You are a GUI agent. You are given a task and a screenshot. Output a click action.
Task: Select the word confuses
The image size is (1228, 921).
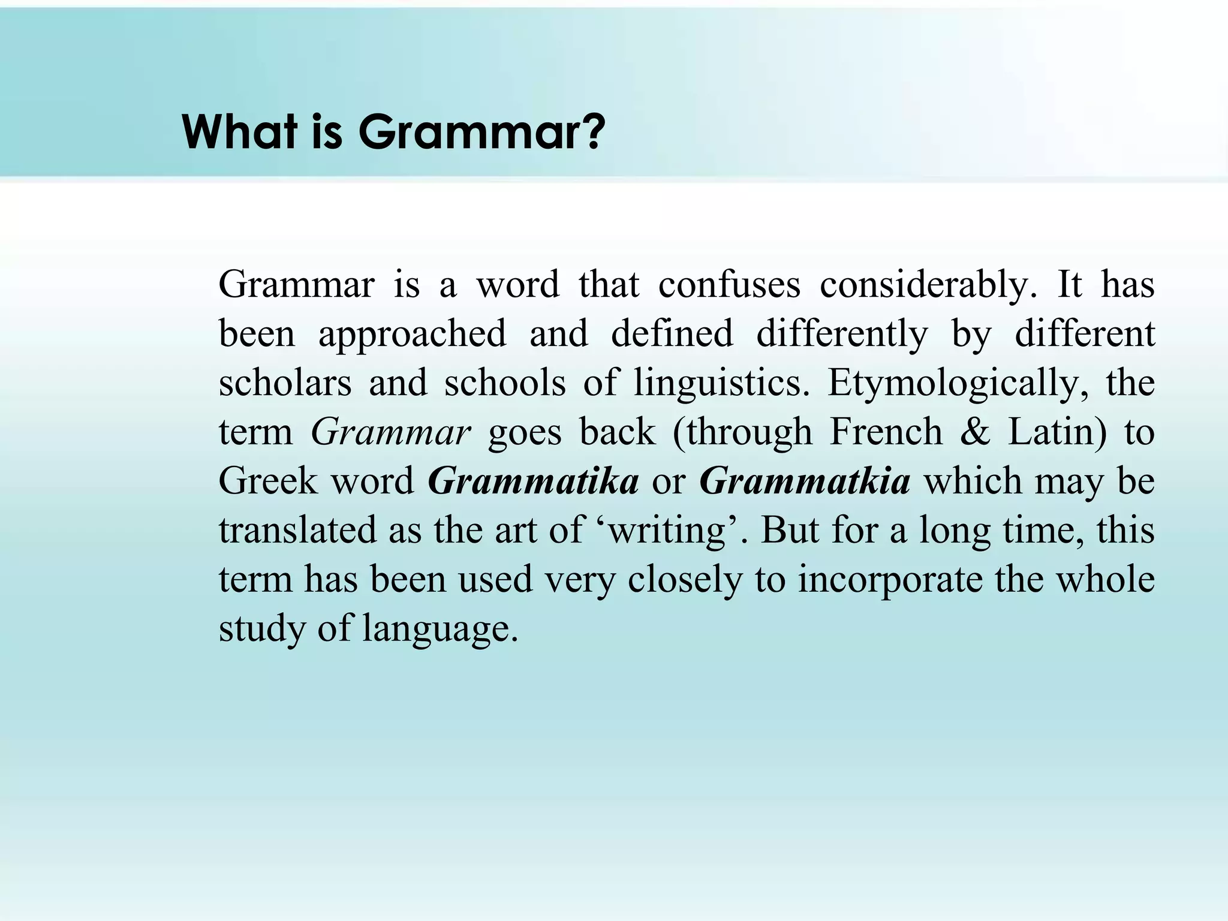tap(729, 284)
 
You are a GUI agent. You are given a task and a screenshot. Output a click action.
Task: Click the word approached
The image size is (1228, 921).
tap(412, 334)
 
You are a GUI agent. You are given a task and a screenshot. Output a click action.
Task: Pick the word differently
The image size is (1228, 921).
tap(842, 334)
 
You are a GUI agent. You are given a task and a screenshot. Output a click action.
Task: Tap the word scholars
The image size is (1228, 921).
tap(285, 383)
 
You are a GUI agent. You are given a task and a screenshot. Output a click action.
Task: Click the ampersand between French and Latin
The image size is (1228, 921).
tap(976, 432)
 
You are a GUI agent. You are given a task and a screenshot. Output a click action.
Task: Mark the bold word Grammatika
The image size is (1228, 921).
tap(533, 481)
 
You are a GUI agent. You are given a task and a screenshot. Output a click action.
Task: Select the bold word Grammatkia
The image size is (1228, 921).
tap(805, 481)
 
